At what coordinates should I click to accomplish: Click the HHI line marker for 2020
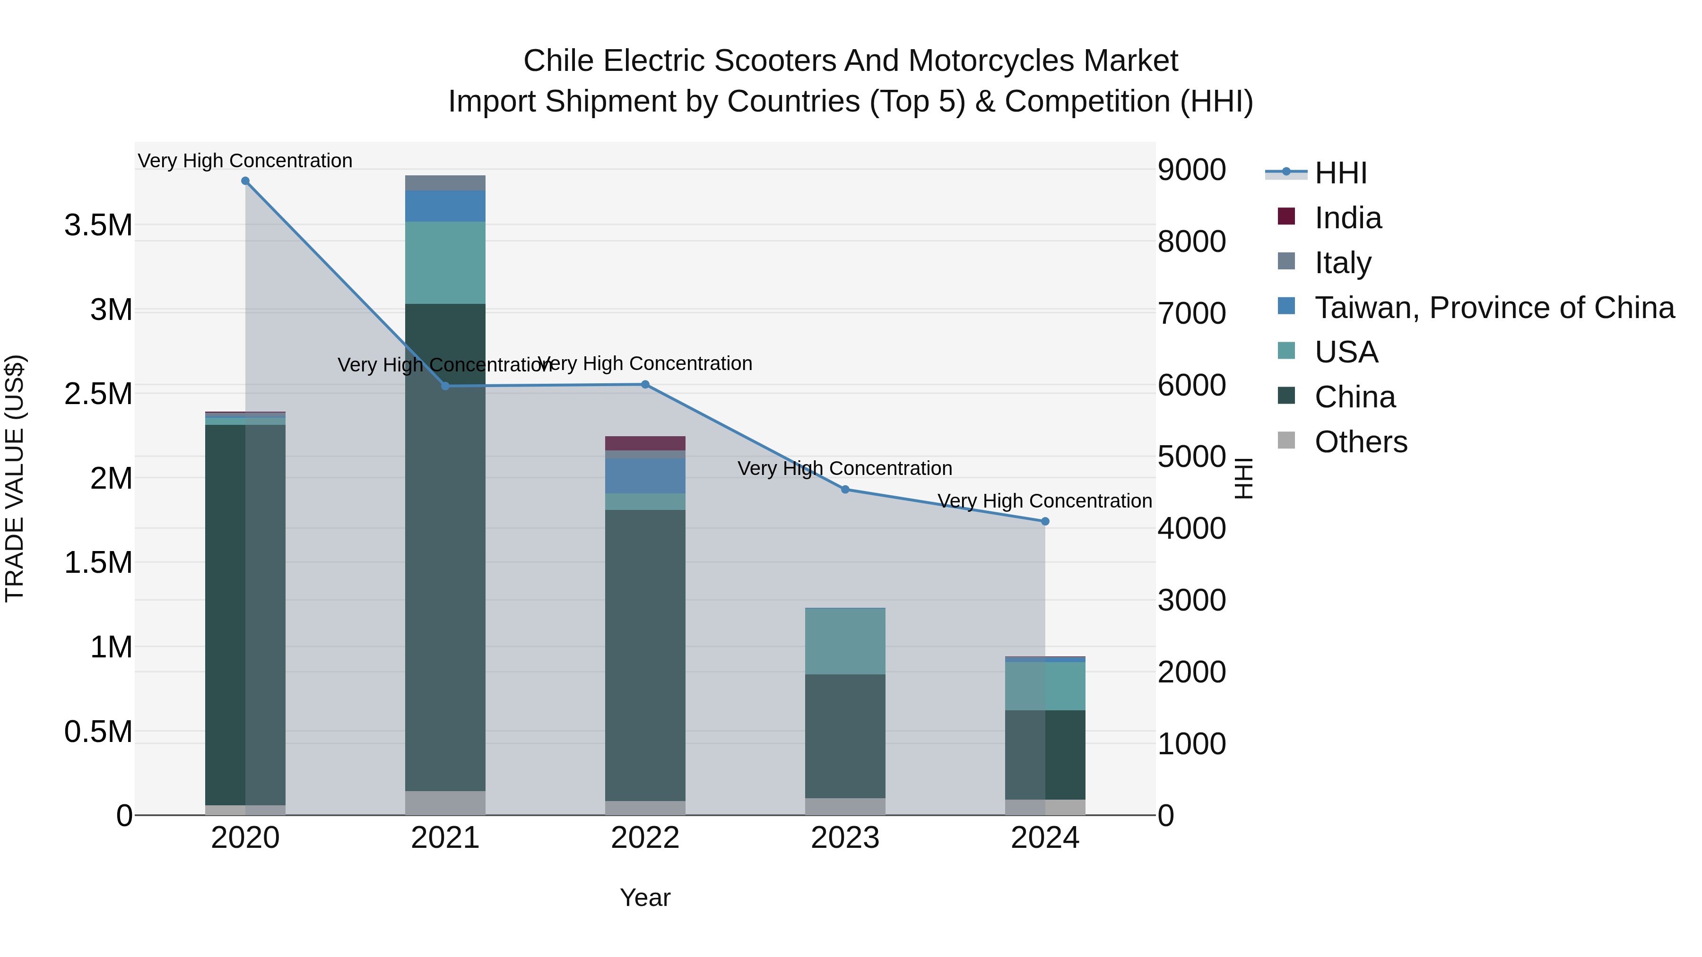pyautogui.click(x=245, y=181)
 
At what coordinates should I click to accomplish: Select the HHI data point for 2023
pyautogui.click(x=845, y=490)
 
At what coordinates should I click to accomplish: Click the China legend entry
pyautogui.click(x=1355, y=397)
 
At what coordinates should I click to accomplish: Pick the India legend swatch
pyautogui.click(x=1286, y=216)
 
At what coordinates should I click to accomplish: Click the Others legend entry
pyautogui.click(x=1360, y=442)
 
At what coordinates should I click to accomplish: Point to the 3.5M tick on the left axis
pyautogui.click(x=98, y=225)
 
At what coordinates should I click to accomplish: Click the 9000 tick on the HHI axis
pyautogui.click(x=1192, y=170)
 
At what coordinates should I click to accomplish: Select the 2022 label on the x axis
pyautogui.click(x=645, y=838)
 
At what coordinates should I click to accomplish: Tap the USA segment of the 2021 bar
pyautogui.click(x=445, y=262)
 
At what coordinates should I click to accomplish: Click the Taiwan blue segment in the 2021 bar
pyautogui.click(x=445, y=206)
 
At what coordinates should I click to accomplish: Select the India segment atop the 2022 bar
pyautogui.click(x=645, y=443)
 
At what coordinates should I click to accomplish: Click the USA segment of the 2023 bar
pyautogui.click(x=845, y=641)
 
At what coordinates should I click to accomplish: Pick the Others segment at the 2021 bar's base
pyautogui.click(x=445, y=802)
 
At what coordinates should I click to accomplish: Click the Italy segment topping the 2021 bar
pyautogui.click(x=445, y=183)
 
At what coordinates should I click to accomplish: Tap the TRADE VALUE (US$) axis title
pyautogui.click(x=15, y=478)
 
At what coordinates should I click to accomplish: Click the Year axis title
pyautogui.click(x=645, y=897)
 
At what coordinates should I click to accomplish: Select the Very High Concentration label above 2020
pyautogui.click(x=245, y=161)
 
